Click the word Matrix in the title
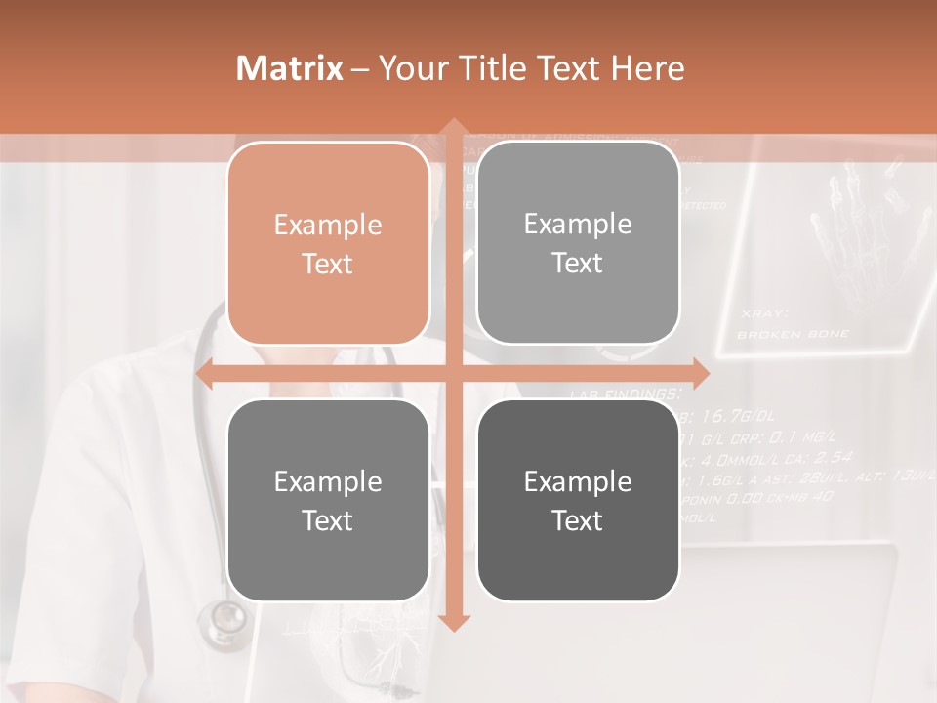click(290, 68)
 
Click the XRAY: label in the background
click(764, 314)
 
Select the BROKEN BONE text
click(793, 334)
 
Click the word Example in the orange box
click(328, 226)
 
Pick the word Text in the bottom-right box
click(578, 520)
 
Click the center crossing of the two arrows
click(453, 373)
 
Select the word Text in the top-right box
click(578, 263)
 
